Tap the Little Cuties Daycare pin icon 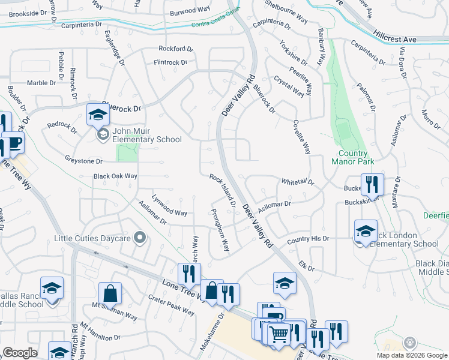pyautogui.click(x=140, y=238)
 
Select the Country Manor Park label pyautogui.click(x=353, y=157)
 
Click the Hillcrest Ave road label pyautogui.click(x=394, y=37)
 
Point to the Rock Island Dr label pyautogui.click(x=222, y=191)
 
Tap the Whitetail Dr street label pyautogui.click(x=298, y=181)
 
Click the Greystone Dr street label pyautogui.click(x=83, y=161)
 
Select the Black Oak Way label pyautogui.click(x=115, y=176)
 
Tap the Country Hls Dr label pyautogui.click(x=308, y=239)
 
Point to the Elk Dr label pyautogui.click(x=306, y=265)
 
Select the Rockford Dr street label pyautogui.click(x=175, y=48)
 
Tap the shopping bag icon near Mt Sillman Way pyautogui.click(x=110, y=294)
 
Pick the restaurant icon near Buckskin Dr pyautogui.click(x=372, y=184)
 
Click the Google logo pyautogui.click(x=19, y=353)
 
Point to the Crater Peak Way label pyautogui.click(x=171, y=305)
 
